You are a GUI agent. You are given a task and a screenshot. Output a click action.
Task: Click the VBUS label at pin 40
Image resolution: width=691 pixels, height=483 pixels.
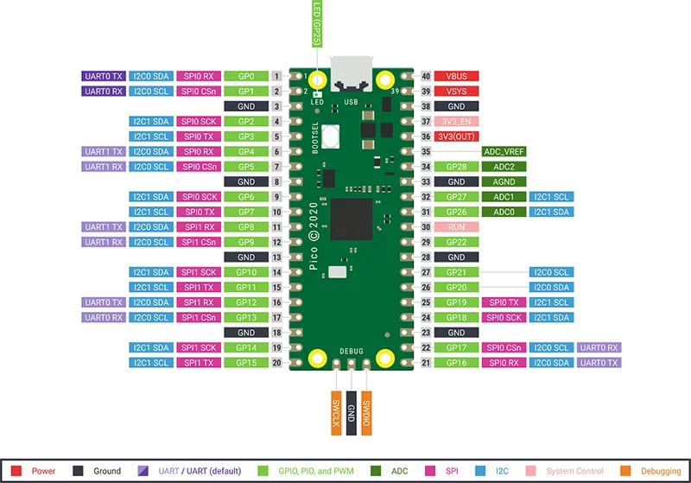(456, 76)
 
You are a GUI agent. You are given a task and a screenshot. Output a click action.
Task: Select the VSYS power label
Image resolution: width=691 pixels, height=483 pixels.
(456, 91)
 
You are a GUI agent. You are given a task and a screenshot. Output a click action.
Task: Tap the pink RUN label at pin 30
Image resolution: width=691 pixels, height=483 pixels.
(456, 226)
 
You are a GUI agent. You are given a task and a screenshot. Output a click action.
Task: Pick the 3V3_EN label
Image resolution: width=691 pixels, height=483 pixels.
(456, 121)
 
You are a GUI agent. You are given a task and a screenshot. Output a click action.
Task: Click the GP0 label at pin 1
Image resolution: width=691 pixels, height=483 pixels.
(246, 76)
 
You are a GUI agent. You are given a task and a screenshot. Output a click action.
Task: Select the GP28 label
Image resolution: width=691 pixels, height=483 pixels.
(456, 166)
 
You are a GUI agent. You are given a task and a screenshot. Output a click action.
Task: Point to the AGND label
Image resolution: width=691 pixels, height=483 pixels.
(504, 181)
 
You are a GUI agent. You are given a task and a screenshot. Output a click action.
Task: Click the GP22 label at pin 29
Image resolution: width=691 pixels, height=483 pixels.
(456, 242)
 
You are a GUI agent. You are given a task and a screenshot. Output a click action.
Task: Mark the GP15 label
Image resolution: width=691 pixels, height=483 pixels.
(246, 362)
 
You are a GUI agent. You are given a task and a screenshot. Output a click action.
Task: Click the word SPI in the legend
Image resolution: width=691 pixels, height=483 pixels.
(452, 471)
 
